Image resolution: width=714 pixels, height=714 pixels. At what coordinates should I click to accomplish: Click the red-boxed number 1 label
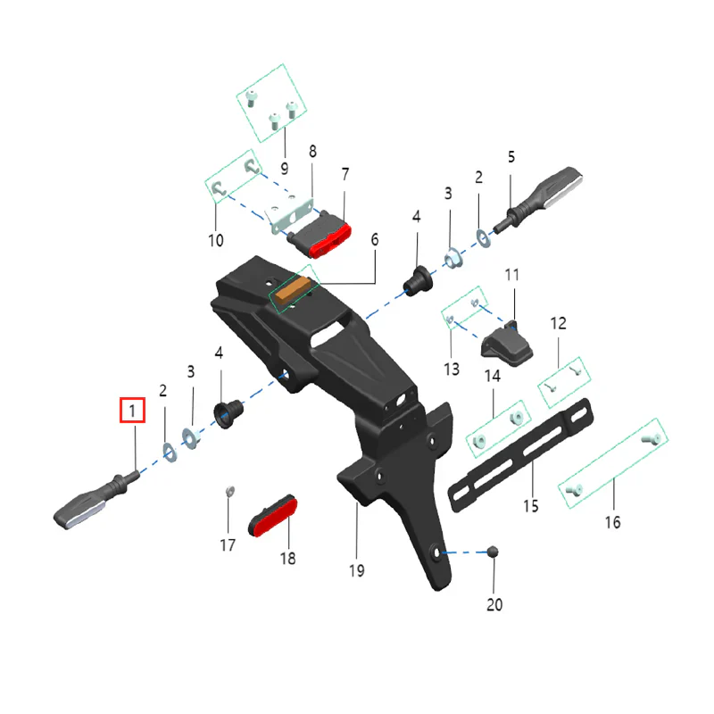click(132, 411)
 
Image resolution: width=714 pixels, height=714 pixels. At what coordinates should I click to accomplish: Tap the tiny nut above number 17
click(228, 490)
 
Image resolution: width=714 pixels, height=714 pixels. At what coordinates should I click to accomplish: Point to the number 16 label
click(612, 522)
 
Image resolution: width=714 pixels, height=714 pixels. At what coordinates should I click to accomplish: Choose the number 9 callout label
click(284, 168)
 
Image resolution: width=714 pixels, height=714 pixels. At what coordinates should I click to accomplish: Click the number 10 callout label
click(215, 240)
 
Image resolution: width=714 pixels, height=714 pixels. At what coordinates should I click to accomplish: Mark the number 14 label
click(493, 377)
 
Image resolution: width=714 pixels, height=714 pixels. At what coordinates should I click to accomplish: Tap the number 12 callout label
click(558, 323)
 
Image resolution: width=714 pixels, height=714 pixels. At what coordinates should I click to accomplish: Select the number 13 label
click(451, 369)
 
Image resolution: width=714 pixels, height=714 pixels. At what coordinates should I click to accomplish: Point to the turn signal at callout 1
click(94, 503)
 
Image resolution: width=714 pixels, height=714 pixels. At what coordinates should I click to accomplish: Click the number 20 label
click(494, 604)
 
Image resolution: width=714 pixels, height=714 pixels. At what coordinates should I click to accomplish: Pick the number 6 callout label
click(375, 239)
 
